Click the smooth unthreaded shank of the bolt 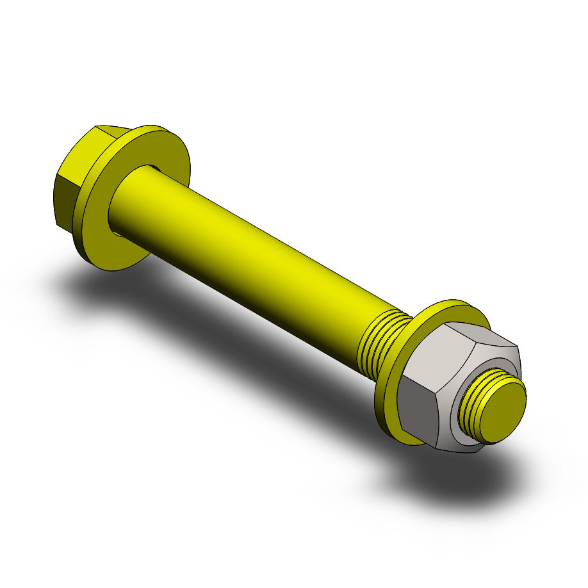click(256, 256)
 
